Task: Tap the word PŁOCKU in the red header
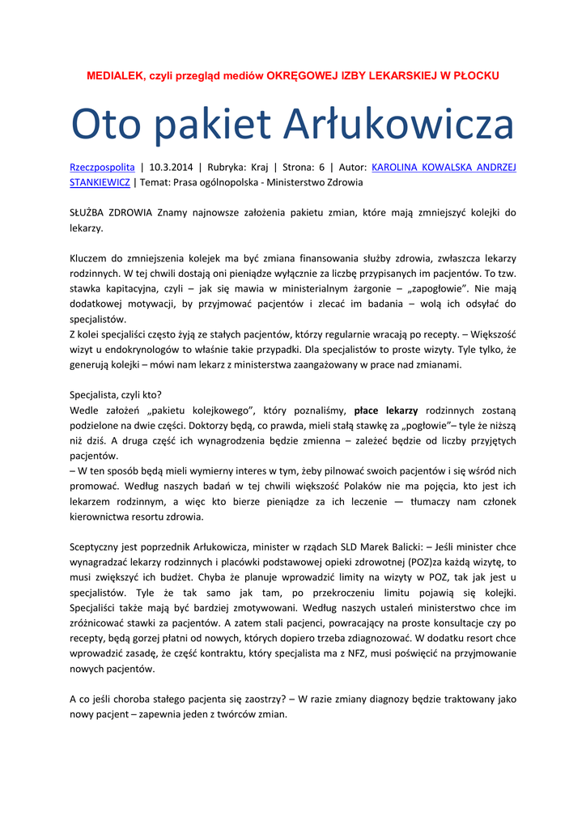[x=476, y=75]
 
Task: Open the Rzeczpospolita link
[x=102, y=168]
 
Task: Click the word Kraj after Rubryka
[x=260, y=168]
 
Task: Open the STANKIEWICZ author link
[x=100, y=183]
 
